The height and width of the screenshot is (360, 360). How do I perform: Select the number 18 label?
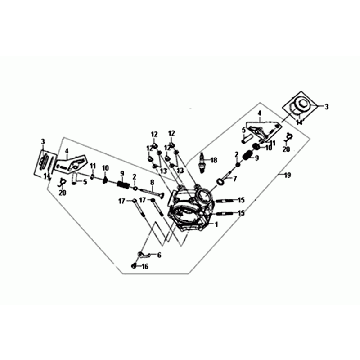[x=213, y=160]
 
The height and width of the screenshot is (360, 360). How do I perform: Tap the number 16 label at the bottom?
[x=144, y=267]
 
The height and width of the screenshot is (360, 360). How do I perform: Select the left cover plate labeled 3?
[x=45, y=164]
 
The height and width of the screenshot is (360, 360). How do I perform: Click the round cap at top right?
[x=296, y=106]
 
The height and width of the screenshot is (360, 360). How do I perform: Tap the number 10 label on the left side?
[x=104, y=169]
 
